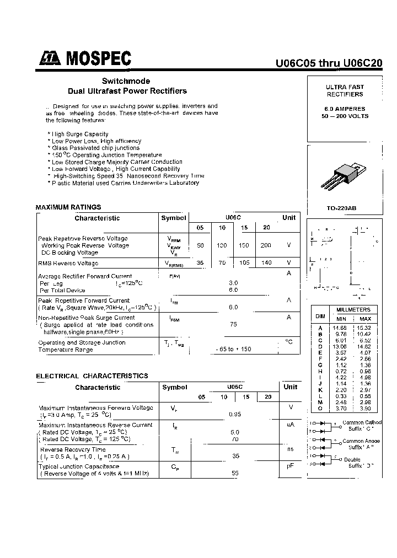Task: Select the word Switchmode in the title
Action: [x=126, y=81]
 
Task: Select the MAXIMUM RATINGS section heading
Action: [x=68, y=207]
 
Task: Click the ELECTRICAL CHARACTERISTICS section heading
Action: [x=92, y=376]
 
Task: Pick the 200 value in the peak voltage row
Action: [x=266, y=245]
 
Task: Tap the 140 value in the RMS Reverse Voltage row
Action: [x=266, y=263]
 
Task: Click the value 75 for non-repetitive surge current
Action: [x=233, y=325]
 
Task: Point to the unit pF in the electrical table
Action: [x=289, y=466]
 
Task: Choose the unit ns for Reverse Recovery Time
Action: [x=289, y=450]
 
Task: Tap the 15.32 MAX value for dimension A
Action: [x=365, y=328]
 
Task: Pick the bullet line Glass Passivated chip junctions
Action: [x=94, y=148]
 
